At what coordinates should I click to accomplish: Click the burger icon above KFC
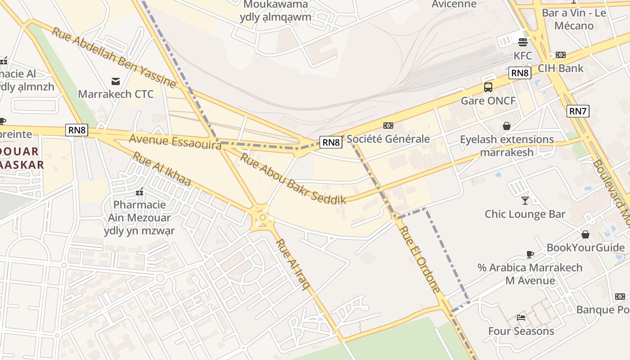pyautogui.click(x=522, y=42)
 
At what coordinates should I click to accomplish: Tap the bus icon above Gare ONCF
pyautogui.click(x=488, y=87)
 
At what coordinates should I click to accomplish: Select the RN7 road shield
pyautogui.click(x=578, y=111)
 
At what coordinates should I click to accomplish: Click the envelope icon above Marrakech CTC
pyautogui.click(x=116, y=81)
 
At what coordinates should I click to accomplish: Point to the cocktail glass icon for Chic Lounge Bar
pyautogui.click(x=525, y=200)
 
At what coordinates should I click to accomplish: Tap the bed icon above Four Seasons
pyautogui.click(x=521, y=318)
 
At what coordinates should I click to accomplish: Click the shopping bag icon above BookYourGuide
pyautogui.click(x=585, y=234)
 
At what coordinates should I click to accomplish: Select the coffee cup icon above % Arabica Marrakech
pyautogui.click(x=530, y=254)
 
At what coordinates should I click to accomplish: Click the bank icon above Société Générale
pyautogui.click(x=388, y=126)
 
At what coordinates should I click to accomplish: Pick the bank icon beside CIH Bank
pyautogui.click(x=560, y=55)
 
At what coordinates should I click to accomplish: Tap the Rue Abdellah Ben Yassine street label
pyautogui.click(x=113, y=57)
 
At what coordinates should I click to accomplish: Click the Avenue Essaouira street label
pyautogui.click(x=175, y=141)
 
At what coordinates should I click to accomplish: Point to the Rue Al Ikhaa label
pyautogui.click(x=162, y=169)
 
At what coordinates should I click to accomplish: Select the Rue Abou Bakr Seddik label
pyautogui.click(x=292, y=179)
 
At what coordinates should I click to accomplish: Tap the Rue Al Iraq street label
pyautogui.click(x=293, y=265)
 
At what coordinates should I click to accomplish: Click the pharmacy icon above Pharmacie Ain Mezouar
pyautogui.click(x=139, y=192)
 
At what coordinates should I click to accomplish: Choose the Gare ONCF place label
pyautogui.click(x=488, y=100)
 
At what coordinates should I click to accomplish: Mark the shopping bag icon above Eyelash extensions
pyautogui.click(x=507, y=126)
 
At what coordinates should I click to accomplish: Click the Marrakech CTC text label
pyautogui.click(x=116, y=94)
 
